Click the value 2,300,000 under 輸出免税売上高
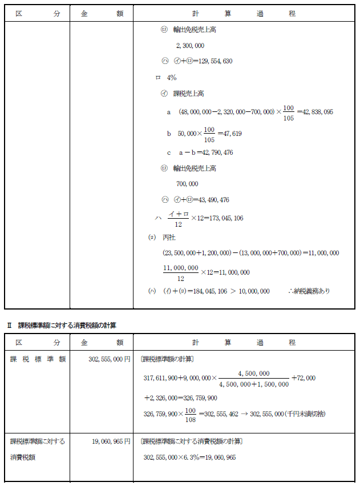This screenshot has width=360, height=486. [x=191, y=46]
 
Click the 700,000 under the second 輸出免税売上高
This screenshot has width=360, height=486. [x=188, y=184]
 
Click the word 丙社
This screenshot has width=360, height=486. [x=169, y=237]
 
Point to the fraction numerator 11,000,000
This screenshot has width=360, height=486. [x=181, y=267]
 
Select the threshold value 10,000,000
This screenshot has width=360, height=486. [x=249, y=291]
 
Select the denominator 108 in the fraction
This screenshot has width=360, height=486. [x=191, y=420]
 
